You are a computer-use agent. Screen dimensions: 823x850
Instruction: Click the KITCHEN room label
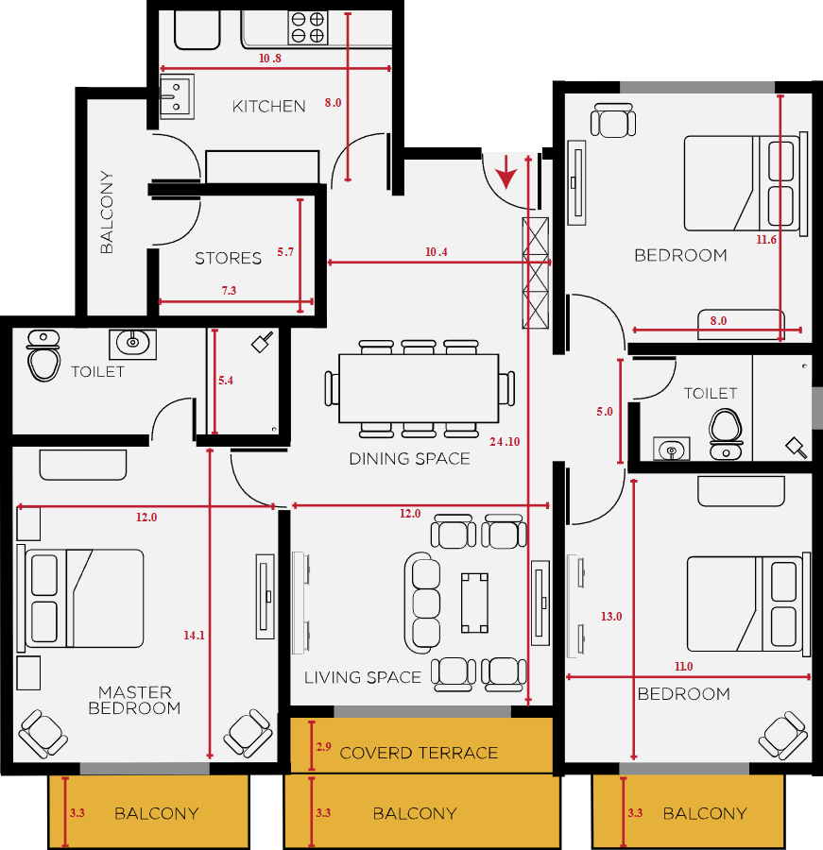pos(268,106)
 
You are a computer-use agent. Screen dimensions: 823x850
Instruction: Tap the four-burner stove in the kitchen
pos(308,28)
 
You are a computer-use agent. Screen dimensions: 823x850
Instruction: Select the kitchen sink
pos(177,96)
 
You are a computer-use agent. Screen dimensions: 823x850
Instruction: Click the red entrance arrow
pos(506,172)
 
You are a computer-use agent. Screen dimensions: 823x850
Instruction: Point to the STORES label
pos(228,258)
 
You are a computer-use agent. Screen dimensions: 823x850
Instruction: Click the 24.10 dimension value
pos(505,442)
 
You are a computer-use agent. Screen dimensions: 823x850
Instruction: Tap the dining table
pos(419,388)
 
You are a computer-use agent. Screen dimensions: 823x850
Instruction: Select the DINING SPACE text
pos(409,459)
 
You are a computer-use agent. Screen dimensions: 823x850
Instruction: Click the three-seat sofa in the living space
pos(422,603)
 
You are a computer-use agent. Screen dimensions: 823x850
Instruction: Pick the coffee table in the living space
pos(474,603)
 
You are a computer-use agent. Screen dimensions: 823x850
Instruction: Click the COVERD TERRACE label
pos(419,753)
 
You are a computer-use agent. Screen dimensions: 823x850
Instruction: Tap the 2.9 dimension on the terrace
pos(324,746)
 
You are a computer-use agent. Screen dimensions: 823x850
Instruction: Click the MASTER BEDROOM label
pos(134,700)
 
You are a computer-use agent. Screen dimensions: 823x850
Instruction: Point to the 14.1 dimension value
pos(194,636)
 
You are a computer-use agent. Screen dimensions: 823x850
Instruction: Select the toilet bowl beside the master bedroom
pos(43,356)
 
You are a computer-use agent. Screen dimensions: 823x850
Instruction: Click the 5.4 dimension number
pos(226,381)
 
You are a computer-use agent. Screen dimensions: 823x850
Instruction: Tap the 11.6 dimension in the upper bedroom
pos(766,240)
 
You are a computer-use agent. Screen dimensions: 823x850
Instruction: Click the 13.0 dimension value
pos(611,617)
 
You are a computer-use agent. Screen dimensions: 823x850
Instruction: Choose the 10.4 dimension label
pos(437,252)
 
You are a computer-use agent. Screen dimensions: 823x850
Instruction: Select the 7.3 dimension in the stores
pos(229,291)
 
